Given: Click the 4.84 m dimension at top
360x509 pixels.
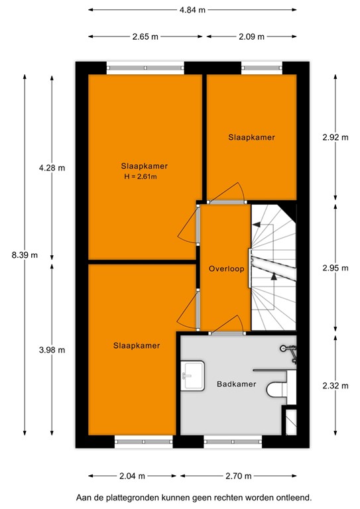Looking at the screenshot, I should [192, 10].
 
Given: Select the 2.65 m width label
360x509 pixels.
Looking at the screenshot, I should [145, 36].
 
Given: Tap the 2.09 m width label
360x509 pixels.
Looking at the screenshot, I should [251, 36].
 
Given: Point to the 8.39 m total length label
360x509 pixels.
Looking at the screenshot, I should [25, 254].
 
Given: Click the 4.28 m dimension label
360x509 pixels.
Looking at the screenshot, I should [52, 168].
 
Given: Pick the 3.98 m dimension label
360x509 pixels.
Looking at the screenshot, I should [52, 350].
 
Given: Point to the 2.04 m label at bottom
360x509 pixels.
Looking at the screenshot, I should [133, 476].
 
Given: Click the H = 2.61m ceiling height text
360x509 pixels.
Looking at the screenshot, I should [144, 177].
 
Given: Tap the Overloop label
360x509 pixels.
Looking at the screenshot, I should [226, 269].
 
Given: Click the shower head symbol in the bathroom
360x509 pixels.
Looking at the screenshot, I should [286, 347].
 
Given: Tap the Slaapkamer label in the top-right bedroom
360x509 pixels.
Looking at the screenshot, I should [251, 137].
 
